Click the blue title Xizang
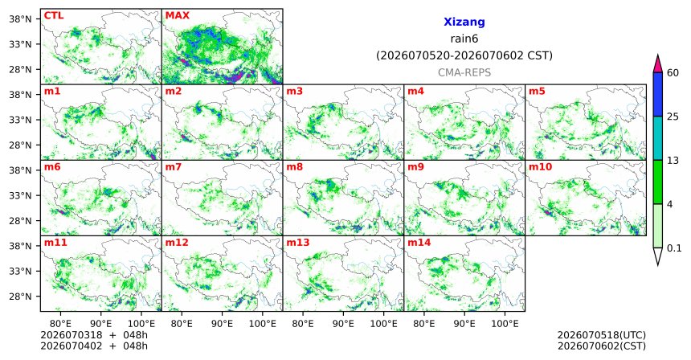click(464, 22)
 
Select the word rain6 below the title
click(464, 39)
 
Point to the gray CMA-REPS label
click(464, 72)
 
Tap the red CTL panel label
click(54, 16)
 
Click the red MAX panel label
click(177, 16)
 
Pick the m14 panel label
click(419, 243)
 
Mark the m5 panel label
click(537, 92)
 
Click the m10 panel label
click(540, 167)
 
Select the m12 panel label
click(177, 243)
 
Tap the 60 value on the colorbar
click(673, 73)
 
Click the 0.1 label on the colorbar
click(674, 248)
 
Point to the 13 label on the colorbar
click(673, 161)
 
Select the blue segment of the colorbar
click(658, 94)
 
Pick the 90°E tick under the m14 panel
click(464, 325)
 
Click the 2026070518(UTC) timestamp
click(602, 336)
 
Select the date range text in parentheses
click(464, 56)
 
